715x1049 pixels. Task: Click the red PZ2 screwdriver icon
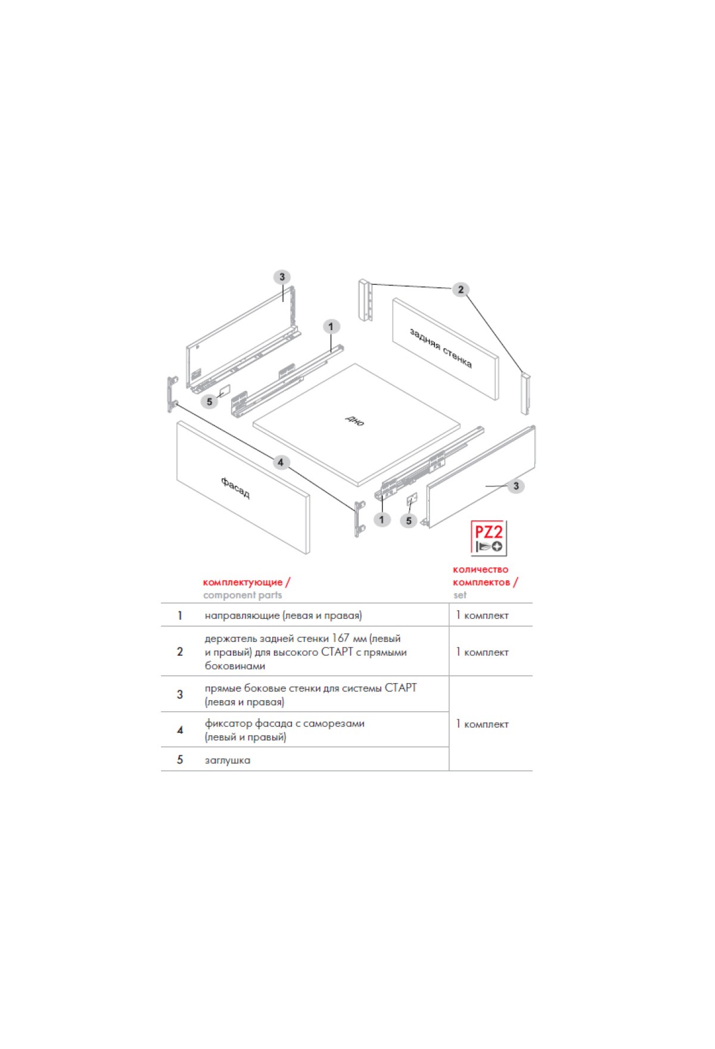[x=489, y=538]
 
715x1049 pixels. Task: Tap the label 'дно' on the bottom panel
[x=355, y=421]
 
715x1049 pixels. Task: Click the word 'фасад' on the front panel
[x=235, y=488]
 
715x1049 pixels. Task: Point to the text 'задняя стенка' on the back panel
[x=441, y=348]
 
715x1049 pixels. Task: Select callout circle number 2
[x=461, y=290]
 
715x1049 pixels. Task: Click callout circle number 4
[x=281, y=463]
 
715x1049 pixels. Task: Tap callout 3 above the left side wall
[x=282, y=277]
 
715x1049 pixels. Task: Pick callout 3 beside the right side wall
[x=516, y=486]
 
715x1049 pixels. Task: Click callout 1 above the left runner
[x=331, y=327]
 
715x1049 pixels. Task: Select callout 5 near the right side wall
[x=409, y=521]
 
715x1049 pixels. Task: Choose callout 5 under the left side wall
[x=209, y=402]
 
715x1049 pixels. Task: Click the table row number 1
[x=180, y=616]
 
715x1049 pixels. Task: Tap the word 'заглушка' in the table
[x=228, y=761]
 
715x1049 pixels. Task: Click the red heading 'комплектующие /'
[x=247, y=582]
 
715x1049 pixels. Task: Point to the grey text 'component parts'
[x=243, y=595]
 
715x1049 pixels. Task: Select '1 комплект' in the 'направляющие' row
[x=483, y=616]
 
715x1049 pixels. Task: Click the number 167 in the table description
[x=341, y=638]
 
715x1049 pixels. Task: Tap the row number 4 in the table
[x=180, y=730]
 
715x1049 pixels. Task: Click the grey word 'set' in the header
[x=460, y=595]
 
